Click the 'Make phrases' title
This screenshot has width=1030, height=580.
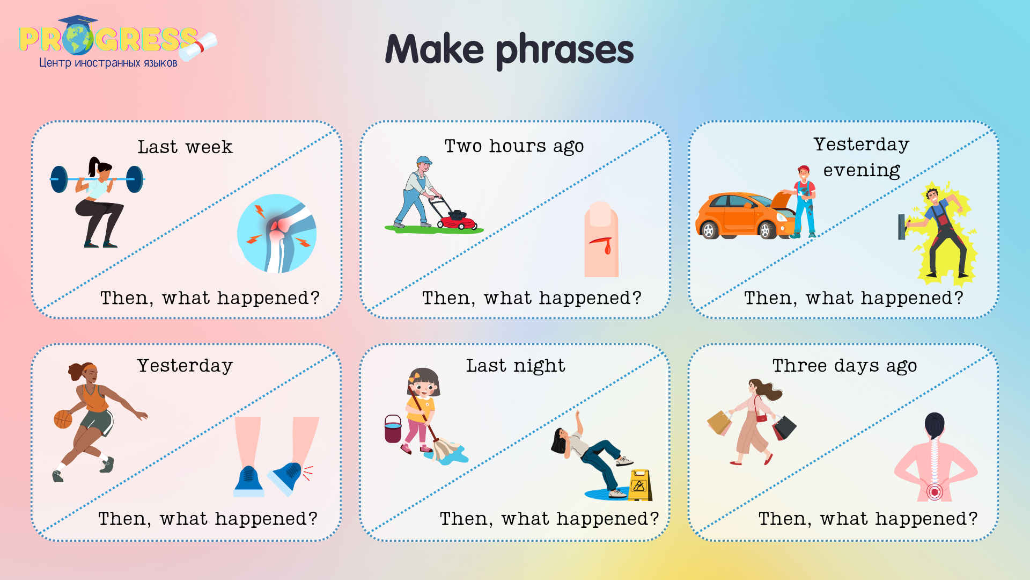pyautogui.click(x=509, y=49)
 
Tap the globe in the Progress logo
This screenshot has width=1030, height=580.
pyautogui.click(x=78, y=39)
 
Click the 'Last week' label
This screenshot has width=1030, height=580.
pyautogui.click(x=185, y=147)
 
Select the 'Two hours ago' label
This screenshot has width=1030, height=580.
pyautogui.click(x=514, y=146)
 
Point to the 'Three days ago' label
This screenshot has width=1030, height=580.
pyautogui.click(x=844, y=366)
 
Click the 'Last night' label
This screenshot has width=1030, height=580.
pyautogui.click(x=515, y=366)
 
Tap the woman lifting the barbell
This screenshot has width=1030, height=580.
pyautogui.click(x=99, y=201)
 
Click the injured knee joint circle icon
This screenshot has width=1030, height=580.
pyautogui.click(x=277, y=234)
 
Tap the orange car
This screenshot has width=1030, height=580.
pyautogui.click(x=740, y=216)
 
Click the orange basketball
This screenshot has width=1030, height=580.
pyautogui.click(x=63, y=419)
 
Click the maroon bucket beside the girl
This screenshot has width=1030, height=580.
pyautogui.click(x=393, y=429)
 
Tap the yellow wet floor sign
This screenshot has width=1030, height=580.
pyautogui.click(x=639, y=484)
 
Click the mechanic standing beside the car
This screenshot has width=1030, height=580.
pyautogui.click(x=804, y=202)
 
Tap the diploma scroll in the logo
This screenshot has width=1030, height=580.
pyautogui.click(x=198, y=46)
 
